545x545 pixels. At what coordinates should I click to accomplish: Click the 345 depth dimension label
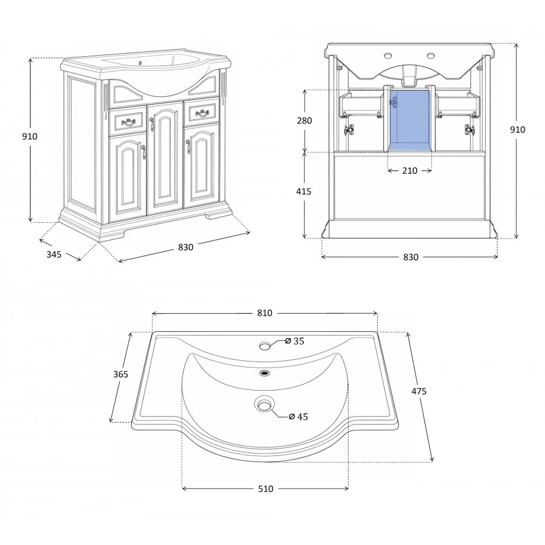tap(54, 254)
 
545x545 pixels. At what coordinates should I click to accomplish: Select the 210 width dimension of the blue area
tap(410, 171)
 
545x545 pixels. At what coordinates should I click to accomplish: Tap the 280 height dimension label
tap(305, 121)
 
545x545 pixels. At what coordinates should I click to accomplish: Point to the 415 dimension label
tap(304, 191)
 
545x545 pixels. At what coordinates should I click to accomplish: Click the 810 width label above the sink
tap(265, 313)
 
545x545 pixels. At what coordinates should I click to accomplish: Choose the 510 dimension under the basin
tap(266, 489)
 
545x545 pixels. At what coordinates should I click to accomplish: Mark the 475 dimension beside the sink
tap(419, 391)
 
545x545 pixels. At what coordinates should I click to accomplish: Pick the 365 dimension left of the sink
tap(121, 374)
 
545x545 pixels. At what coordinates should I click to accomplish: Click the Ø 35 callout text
tap(294, 342)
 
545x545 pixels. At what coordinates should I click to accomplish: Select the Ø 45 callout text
tap(298, 417)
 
